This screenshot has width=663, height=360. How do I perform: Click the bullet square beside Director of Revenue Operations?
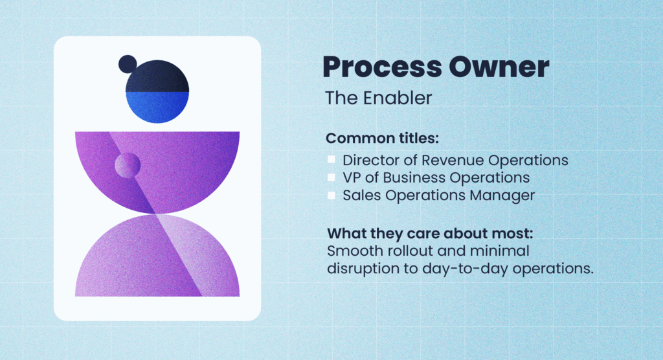(331, 159)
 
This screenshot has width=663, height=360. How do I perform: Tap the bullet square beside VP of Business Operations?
(331, 177)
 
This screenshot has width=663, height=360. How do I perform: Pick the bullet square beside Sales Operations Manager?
(331, 195)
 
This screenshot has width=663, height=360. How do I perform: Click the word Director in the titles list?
(368, 160)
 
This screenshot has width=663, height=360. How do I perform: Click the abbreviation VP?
(352, 177)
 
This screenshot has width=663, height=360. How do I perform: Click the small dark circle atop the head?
(128, 64)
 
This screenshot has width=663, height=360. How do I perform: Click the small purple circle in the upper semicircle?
(128, 165)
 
